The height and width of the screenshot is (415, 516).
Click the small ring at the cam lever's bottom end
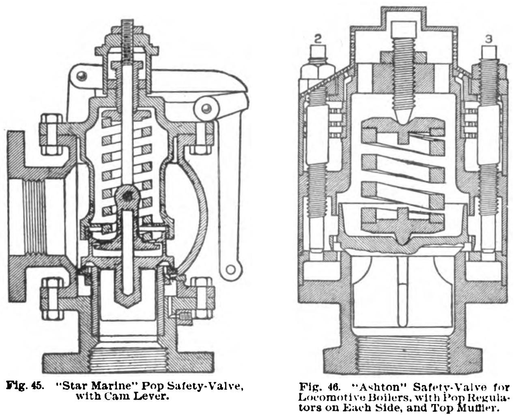[x=231, y=268]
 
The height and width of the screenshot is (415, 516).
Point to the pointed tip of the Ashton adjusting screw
[x=404, y=118]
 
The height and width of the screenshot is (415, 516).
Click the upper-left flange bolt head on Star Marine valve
[x=51, y=134]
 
